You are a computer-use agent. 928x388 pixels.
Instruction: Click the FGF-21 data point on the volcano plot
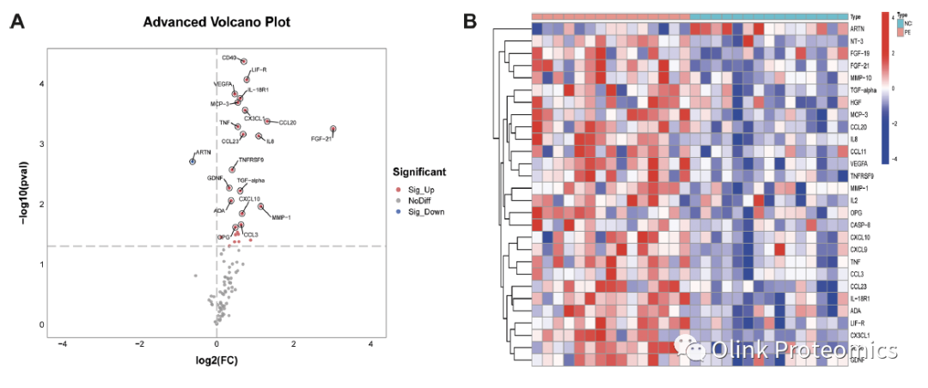tap(333, 130)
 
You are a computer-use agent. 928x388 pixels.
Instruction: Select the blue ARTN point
tap(192, 161)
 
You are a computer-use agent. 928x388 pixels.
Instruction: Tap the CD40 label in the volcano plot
tap(229, 58)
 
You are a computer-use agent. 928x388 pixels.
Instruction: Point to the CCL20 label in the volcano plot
tap(288, 123)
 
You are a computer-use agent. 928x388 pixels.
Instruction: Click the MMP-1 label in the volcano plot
tap(281, 217)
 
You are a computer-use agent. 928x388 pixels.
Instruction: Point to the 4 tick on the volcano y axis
tap(40, 83)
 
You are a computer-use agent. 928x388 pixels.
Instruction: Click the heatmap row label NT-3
tap(857, 40)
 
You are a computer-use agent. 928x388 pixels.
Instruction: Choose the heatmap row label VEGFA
tap(859, 162)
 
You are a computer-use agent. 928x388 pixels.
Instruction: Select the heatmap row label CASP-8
tap(860, 224)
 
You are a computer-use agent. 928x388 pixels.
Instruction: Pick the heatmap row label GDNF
tap(858, 360)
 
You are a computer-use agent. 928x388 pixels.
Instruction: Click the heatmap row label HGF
tap(855, 101)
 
